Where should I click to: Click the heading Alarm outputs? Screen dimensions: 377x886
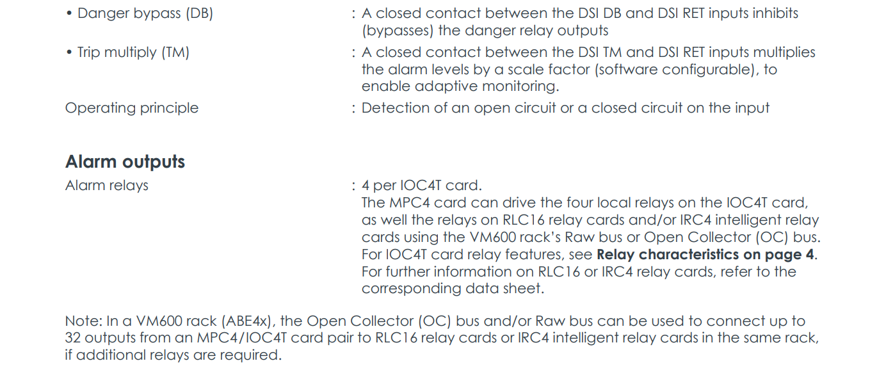point(125,162)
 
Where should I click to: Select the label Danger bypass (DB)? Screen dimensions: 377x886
point(145,13)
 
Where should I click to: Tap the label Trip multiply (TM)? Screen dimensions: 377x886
point(133,52)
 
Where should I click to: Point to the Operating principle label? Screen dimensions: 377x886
point(132,108)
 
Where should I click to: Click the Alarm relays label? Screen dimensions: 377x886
point(107,186)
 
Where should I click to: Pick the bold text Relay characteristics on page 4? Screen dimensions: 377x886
point(706,255)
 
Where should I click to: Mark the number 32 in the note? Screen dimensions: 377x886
point(73,338)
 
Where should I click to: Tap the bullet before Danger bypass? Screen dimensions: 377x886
point(69,14)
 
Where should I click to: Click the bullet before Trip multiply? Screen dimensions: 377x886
point(69,53)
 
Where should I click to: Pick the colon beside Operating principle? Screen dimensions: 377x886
point(353,108)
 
